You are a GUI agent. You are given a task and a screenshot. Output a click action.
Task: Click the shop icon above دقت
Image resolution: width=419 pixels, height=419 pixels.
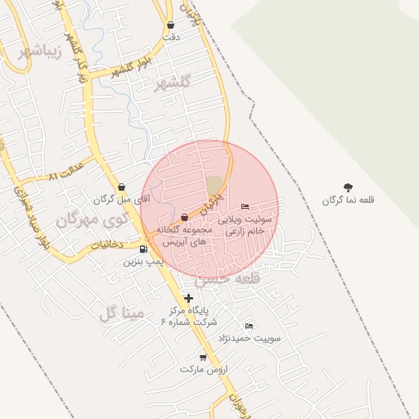(170, 25)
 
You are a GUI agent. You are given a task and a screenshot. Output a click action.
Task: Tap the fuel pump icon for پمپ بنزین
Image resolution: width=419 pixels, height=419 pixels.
(144, 250)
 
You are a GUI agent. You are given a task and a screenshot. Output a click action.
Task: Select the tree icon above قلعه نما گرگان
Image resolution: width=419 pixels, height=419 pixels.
(348, 187)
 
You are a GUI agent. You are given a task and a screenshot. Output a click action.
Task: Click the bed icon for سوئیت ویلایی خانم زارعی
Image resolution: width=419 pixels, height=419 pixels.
(245, 206)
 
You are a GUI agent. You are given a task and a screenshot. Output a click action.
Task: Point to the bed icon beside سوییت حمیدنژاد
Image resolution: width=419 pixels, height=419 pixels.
(249, 326)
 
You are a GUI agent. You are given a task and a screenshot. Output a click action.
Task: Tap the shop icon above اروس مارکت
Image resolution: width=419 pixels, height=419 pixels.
(203, 358)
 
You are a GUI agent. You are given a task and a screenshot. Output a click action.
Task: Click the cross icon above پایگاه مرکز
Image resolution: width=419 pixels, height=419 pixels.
(190, 298)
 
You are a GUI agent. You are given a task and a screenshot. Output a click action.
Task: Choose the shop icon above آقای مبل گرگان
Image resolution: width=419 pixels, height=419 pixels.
(121, 187)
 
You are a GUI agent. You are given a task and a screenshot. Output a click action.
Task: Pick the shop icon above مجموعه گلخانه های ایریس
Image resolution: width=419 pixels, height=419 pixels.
(184, 217)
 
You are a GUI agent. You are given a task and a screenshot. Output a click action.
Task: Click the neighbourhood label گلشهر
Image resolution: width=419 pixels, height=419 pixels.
(172, 83)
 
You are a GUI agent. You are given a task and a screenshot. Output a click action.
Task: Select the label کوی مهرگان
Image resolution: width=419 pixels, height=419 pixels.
(92, 219)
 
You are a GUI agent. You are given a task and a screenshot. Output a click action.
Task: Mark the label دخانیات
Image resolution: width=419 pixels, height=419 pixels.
(106, 244)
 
